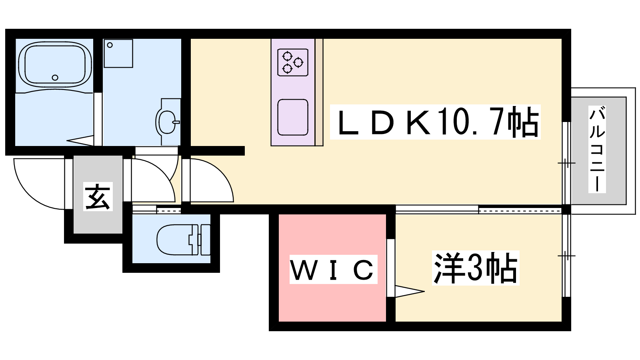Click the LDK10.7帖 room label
(435, 122)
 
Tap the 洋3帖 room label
(475, 268)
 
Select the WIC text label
(333, 270)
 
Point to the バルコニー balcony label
(597, 149)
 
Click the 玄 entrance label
(98, 196)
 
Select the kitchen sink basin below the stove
(293, 117)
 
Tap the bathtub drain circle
(55, 78)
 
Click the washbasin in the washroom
(167, 122)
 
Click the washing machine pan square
(118, 53)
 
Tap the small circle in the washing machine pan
(110, 45)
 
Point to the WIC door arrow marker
(409, 291)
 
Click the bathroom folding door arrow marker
(81, 140)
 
